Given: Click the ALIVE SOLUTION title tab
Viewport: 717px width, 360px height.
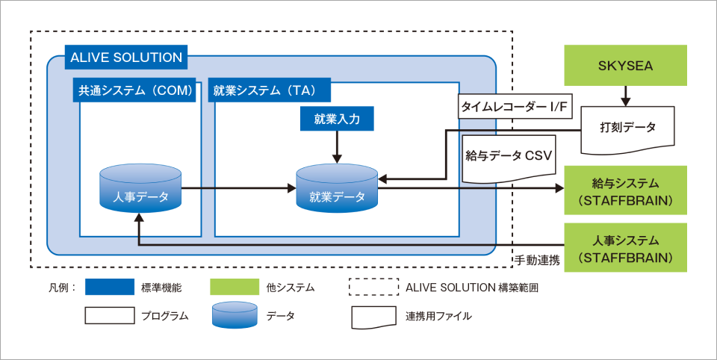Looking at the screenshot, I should [125, 58].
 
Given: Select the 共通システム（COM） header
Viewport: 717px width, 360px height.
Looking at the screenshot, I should [137, 91].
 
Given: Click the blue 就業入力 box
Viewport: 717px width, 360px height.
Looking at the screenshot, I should [336, 119].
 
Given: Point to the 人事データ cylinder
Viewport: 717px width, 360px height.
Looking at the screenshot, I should [140, 190].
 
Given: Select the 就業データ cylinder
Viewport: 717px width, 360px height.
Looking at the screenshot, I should [337, 190].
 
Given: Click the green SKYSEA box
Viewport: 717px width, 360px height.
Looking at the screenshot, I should [625, 66].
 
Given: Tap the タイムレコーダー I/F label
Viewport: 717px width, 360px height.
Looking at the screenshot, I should [515, 108].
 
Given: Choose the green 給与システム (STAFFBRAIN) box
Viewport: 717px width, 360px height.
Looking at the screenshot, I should [626, 190].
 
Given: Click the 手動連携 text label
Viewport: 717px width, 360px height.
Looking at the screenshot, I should [538, 260].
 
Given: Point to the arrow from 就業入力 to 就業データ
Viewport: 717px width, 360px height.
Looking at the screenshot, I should [337, 146].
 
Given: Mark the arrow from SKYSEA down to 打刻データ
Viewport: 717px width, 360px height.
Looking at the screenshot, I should [625, 96].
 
